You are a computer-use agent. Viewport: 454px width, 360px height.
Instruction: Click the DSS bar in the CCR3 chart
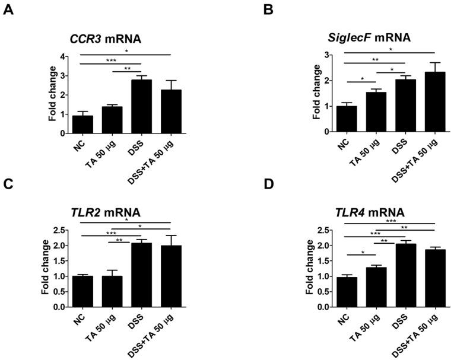pyautogui.click(x=141, y=107)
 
